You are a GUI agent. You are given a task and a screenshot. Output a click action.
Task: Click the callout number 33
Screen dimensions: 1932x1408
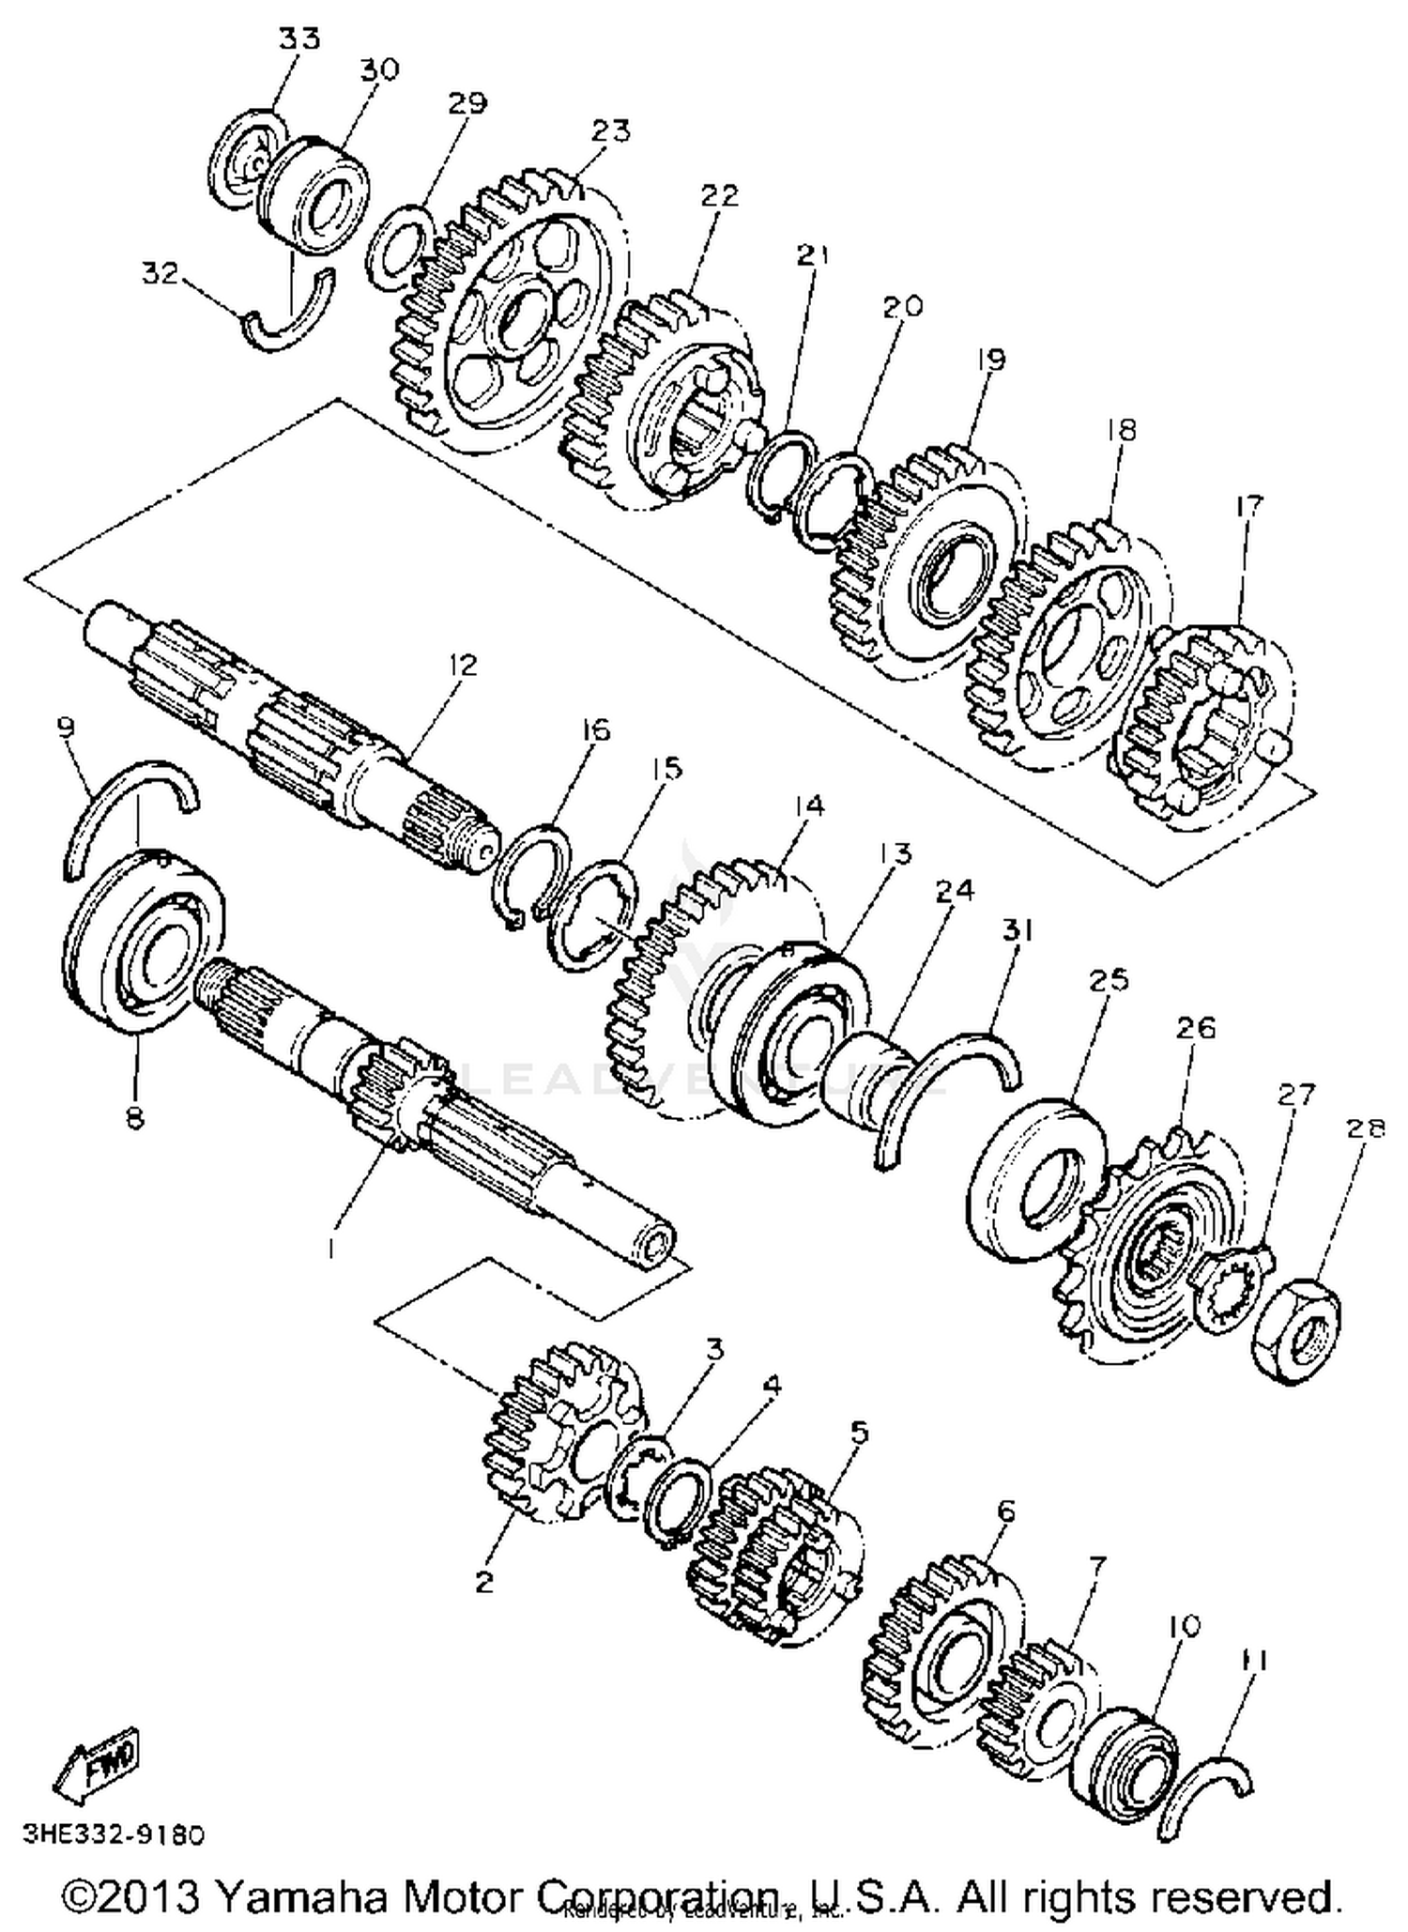[x=299, y=38]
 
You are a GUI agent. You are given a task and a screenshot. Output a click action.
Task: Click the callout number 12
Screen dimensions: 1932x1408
[x=463, y=665]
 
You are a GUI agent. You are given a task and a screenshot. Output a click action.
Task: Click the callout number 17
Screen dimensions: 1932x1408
[x=1248, y=505]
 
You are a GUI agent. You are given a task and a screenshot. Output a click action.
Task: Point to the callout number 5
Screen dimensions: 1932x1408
[x=860, y=1433]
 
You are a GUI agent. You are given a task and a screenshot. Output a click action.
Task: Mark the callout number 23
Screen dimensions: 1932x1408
[x=611, y=130]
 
